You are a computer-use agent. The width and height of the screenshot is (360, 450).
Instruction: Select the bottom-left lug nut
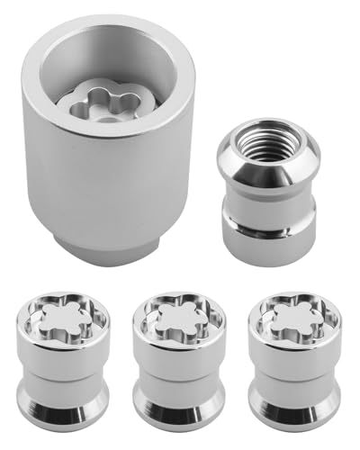[64, 360]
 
